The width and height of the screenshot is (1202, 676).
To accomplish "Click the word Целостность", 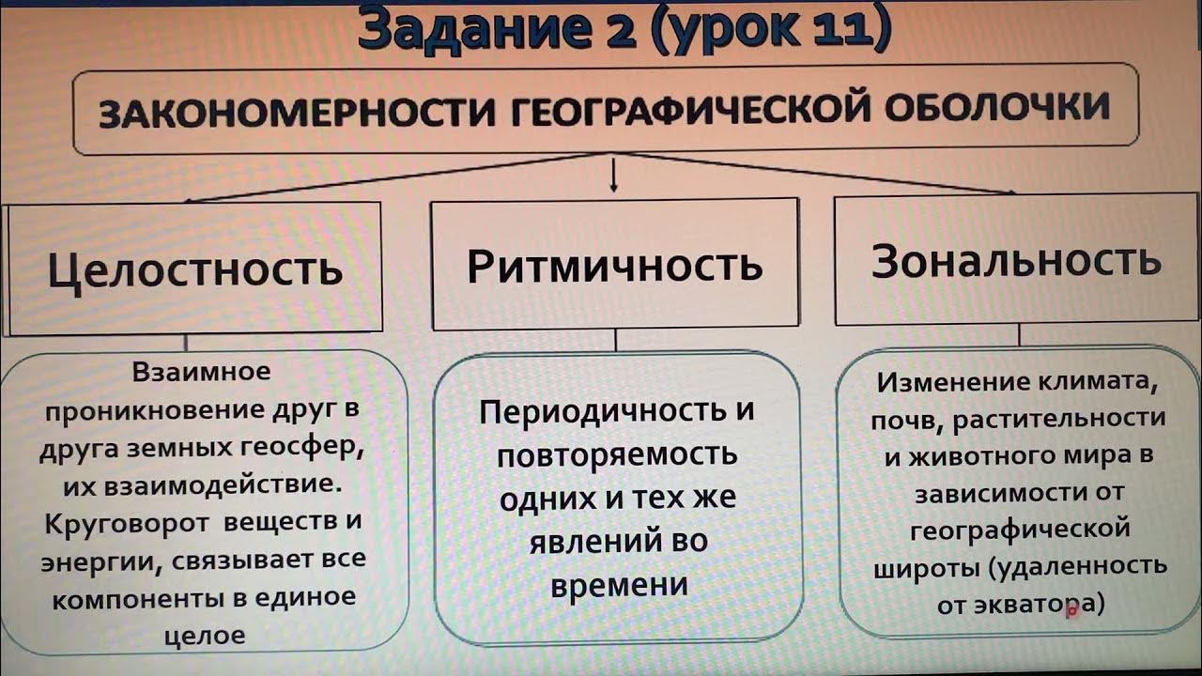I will click(195, 269).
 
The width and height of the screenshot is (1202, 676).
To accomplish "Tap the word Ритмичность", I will click(615, 266).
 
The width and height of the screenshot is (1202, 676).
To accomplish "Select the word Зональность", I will click(1016, 261).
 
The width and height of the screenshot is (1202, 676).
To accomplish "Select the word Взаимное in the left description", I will click(201, 372).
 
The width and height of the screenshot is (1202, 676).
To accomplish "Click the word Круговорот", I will click(118, 522).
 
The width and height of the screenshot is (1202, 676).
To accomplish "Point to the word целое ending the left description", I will click(204, 635).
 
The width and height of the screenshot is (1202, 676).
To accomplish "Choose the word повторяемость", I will click(617, 456).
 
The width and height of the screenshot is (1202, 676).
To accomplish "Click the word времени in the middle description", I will click(619, 584).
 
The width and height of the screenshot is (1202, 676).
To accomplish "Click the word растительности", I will click(1058, 419).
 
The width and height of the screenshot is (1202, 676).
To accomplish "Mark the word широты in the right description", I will click(917, 568).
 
